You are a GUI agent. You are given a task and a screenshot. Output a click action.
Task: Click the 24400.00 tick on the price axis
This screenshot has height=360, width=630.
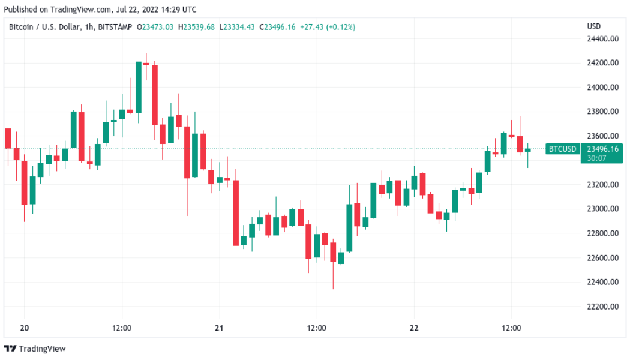[602, 39]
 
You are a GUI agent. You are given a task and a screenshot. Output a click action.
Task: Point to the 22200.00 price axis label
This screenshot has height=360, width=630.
[602, 307]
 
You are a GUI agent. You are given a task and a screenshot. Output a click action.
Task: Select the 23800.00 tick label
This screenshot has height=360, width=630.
[602, 112]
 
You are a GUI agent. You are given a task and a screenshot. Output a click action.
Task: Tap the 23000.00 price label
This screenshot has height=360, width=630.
[602, 209]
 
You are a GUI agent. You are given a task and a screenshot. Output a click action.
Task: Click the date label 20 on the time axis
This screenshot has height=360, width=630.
[25, 328]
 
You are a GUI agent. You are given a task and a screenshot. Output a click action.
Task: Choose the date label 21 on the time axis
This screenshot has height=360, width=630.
[219, 328]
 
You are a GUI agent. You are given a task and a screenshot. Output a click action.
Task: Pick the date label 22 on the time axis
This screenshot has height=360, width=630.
[413, 328]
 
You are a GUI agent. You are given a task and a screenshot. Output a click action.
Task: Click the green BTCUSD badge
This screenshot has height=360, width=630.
[562, 149]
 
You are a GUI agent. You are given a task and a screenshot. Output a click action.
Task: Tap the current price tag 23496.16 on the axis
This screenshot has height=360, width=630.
[602, 149]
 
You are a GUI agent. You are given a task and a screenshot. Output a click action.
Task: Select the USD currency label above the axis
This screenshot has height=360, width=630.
[593, 27]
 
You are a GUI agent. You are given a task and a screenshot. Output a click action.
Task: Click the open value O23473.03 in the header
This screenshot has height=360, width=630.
[155, 27]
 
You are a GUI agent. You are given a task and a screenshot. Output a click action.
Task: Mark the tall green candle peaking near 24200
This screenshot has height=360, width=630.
[139, 87]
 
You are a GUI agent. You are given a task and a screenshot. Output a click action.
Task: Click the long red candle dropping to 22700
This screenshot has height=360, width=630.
[236, 212]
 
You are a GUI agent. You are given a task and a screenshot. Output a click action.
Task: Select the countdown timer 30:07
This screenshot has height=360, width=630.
[596, 158]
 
